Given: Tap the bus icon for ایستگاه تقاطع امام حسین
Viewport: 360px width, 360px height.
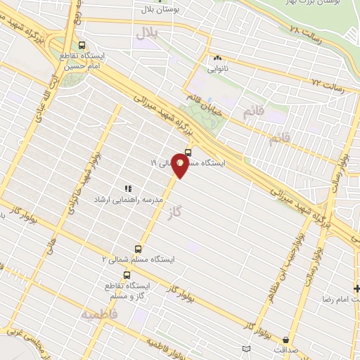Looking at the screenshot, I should [x=84, y=43].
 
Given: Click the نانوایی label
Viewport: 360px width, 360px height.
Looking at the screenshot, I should [x=217, y=70].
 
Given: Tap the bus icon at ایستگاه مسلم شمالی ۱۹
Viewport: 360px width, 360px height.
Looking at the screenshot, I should [x=188, y=153].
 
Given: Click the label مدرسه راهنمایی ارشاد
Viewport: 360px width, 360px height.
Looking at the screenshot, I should [x=129, y=200].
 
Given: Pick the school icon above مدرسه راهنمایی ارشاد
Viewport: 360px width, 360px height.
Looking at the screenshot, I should [x=128, y=188].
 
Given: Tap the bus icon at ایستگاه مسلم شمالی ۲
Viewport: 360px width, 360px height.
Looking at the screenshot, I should [x=137, y=248].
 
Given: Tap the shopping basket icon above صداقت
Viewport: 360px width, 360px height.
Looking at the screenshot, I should [x=245, y=349].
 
